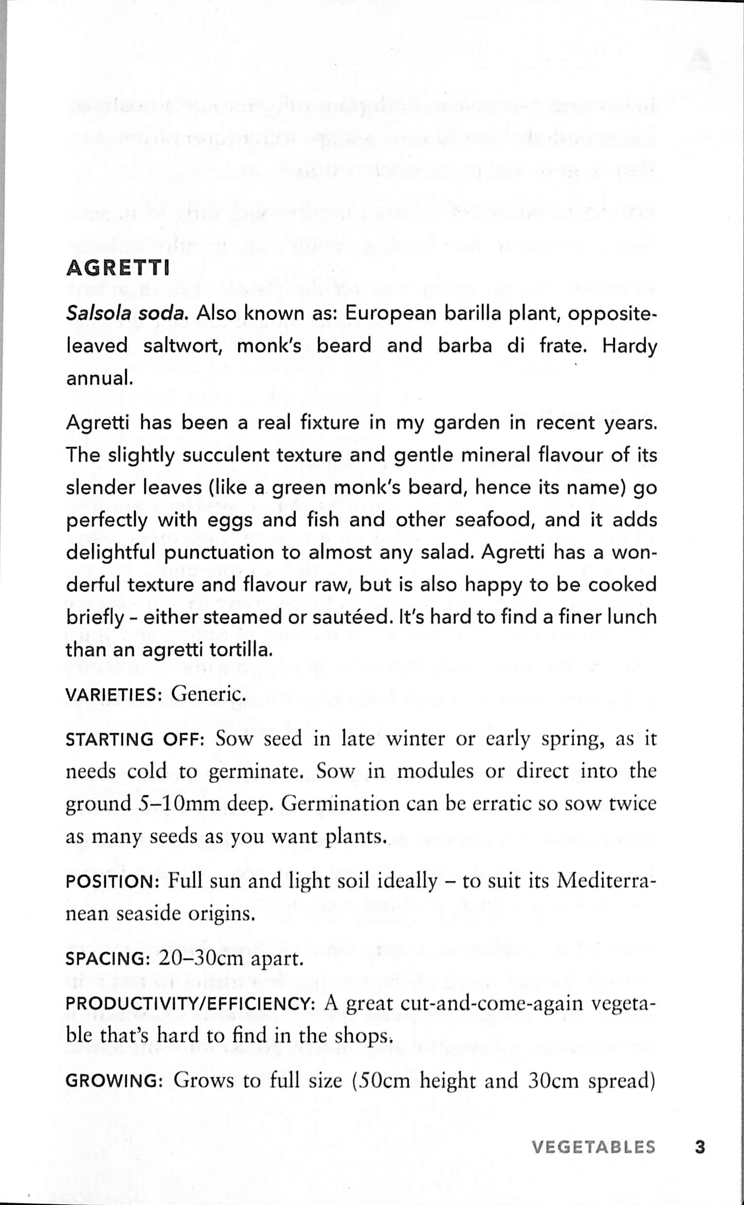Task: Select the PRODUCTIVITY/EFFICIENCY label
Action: tap(190, 1003)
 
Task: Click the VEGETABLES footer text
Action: tap(593, 1147)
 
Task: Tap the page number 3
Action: tap(700, 1147)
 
